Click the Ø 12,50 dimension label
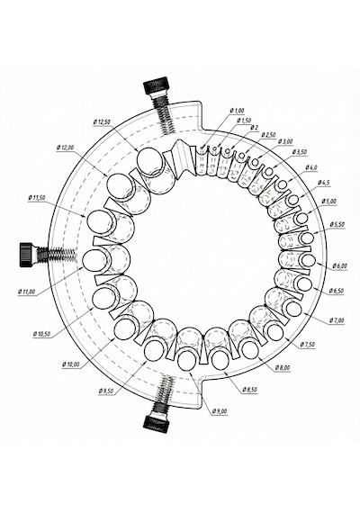point(102,122)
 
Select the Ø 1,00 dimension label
point(238,111)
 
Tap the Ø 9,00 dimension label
point(220,411)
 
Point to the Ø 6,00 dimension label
point(339,266)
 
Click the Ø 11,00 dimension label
point(27,292)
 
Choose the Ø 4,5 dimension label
point(324,183)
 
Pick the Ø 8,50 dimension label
point(249,390)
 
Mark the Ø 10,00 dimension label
point(71,364)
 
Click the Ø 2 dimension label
point(255,127)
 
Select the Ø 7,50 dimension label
point(308,345)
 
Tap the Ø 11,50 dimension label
point(37,198)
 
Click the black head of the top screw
point(156,85)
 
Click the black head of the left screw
point(26,255)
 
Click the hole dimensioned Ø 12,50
point(149,159)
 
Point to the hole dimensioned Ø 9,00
point(187,360)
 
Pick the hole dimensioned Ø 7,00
point(293,309)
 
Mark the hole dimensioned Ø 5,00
point(302,218)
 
